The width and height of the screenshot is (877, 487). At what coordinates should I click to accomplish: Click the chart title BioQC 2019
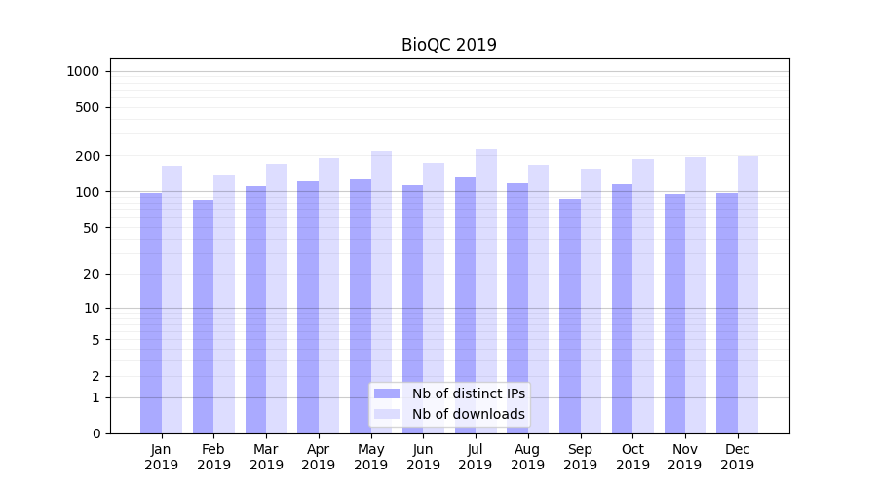(x=448, y=45)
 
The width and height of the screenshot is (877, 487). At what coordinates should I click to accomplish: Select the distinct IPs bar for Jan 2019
(x=151, y=312)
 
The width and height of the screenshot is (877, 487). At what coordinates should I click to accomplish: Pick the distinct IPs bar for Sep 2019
(x=570, y=316)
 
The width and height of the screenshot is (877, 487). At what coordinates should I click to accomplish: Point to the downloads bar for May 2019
(x=381, y=291)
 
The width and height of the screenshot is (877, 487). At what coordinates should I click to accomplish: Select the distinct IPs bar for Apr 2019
(x=308, y=307)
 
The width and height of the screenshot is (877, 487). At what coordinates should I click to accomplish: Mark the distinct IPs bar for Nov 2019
(x=674, y=313)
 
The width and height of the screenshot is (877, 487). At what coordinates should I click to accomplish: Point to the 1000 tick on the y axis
(x=83, y=71)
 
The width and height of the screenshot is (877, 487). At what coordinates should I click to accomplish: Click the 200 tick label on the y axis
(x=87, y=156)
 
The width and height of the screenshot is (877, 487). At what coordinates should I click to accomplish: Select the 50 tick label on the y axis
(x=91, y=228)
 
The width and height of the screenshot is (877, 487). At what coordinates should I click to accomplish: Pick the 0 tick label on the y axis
(x=95, y=433)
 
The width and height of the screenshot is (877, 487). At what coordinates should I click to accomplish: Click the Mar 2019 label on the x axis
(x=266, y=457)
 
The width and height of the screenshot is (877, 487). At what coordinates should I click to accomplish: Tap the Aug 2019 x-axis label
(x=527, y=457)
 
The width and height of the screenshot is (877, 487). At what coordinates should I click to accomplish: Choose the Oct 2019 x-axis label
(x=632, y=457)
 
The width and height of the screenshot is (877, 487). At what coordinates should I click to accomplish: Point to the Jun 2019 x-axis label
(x=423, y=457)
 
